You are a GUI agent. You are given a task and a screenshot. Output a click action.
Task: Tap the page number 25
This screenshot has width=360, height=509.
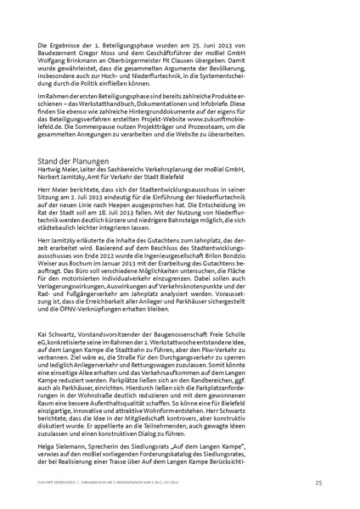(x=316, y=484)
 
